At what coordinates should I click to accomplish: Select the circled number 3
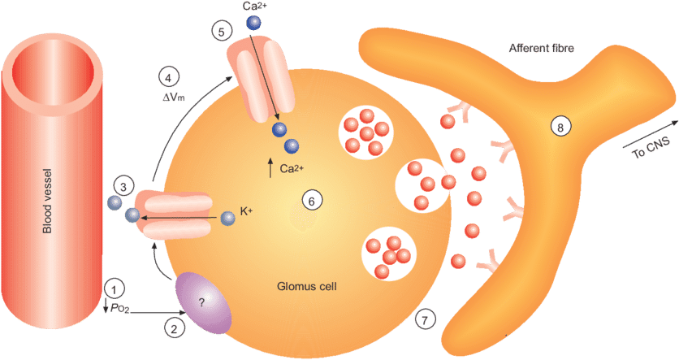[121, 186]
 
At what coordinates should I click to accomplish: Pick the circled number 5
[220, 31]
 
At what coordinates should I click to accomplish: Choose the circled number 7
[422, 319]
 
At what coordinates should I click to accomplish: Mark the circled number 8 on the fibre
[559, 126]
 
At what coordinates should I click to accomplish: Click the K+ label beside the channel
[247, 213]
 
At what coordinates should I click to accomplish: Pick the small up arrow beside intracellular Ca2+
[270, 169]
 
